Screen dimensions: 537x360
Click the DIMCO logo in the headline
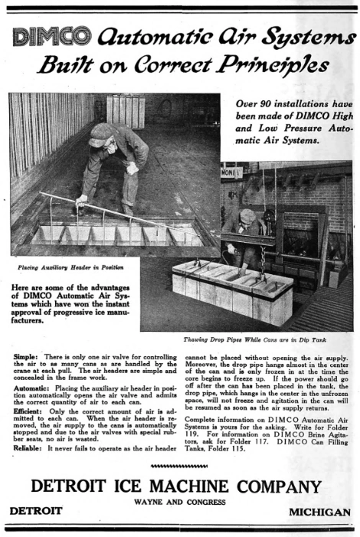point(51,35)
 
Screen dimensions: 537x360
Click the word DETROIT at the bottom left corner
point(35,512)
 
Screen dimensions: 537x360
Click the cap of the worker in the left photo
point(101,132)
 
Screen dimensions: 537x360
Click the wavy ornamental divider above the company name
point(179,467)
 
